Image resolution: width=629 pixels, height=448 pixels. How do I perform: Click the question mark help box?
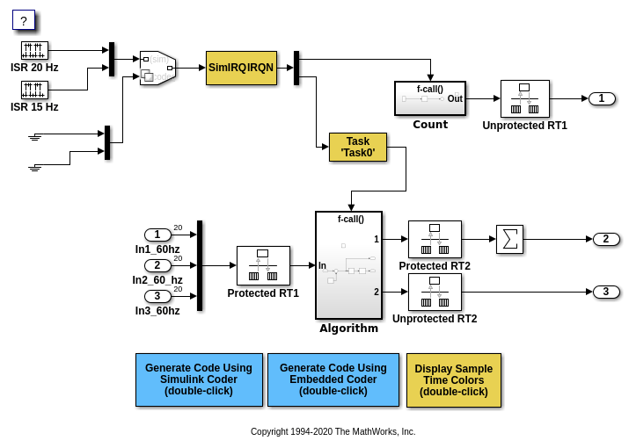(x=24, y=20)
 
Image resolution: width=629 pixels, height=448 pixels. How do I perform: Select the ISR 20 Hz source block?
(x=34, y=50)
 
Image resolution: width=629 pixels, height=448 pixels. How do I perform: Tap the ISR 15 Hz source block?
(x=34, y=90)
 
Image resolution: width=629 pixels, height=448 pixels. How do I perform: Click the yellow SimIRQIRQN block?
(x=241, y=68)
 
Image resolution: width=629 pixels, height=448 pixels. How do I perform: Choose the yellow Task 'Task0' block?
(x=357, y=147)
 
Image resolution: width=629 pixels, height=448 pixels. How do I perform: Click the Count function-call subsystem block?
(x=429, y=98)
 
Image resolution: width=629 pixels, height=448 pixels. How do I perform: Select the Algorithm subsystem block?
(x=348, y=265)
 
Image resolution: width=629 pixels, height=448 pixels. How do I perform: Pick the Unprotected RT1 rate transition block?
(x=524, y=98)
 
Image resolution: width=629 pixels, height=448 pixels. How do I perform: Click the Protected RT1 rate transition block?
(x=263, y=265)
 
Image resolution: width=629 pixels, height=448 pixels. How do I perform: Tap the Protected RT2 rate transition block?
(x=435, y=239)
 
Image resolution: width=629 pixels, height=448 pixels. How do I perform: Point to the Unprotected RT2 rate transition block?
(x=435, y=292)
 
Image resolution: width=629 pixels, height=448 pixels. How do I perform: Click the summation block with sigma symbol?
(x=509, y=240)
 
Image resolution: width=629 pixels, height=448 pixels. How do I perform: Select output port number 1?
(x=602, y=98)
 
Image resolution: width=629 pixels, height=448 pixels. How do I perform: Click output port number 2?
(x=606, y=239)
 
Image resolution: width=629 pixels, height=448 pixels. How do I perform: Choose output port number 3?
(x=606, y=292)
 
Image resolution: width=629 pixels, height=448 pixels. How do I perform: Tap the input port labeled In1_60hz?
(x=157, y=235)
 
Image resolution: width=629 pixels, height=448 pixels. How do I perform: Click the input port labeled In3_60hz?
(x=157, y=296)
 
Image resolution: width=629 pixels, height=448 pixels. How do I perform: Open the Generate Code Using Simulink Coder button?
(x=199, y=379)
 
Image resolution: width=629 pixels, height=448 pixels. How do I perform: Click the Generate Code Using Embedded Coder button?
(x=333, y=379)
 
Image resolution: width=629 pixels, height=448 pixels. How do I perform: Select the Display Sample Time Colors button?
(x=453, y=379)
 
